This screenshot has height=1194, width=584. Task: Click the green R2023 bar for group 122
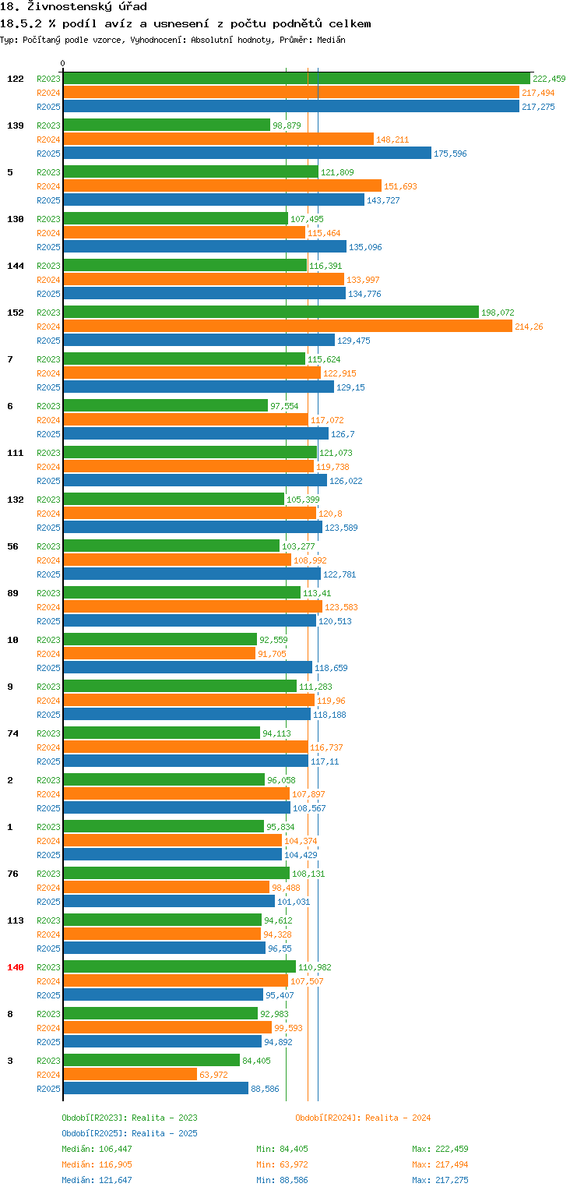(297, 79)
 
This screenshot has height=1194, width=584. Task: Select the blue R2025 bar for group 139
(247, 153)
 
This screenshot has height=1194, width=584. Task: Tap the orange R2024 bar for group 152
(287, 327)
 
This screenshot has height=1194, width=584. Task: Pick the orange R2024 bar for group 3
(130, 1075)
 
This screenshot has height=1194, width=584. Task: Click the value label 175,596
(450, 154)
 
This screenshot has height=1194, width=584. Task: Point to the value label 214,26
(529, 327)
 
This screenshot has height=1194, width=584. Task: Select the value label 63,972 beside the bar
(213, 1075)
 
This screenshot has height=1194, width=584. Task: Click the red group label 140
(16, 967)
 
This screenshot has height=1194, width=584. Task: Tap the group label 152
(16, 313)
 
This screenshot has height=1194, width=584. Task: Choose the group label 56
(12, 546)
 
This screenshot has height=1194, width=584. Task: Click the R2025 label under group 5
(48, 200)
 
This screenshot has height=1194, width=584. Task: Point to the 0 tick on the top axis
(63, 63)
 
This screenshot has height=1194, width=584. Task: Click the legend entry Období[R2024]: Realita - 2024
(363, 1118)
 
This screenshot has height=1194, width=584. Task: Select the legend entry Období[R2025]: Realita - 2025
(129, 1133)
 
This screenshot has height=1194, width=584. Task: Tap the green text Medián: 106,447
(97, 1149)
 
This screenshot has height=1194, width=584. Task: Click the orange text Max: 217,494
(440, 1164)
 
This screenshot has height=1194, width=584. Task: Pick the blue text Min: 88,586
(282, 1180)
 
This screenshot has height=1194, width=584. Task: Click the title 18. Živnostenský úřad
(73, 7)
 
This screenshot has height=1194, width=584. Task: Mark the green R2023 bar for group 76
(176, 873)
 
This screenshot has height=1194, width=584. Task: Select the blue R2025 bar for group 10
(188, 667)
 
